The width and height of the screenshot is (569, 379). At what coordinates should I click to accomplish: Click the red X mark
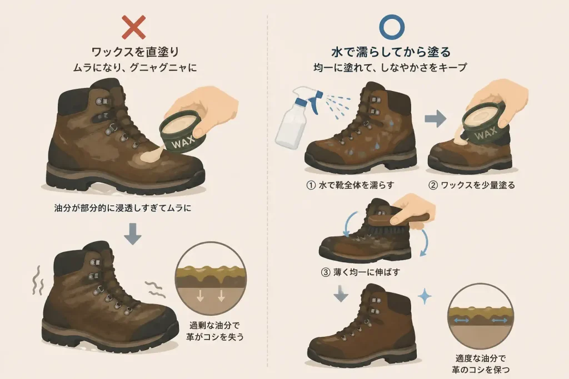pyautogui.click(x=133, y=27)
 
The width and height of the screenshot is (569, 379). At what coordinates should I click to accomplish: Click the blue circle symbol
pyautogui.click(x=392, y=27)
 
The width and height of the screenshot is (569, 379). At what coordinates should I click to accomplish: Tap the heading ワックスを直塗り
pyautogui.click(x=136, y=52)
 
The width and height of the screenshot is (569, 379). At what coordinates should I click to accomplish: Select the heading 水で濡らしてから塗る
pyautogui.click(x=391, y=52)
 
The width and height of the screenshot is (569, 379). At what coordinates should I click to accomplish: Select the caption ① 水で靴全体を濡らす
pyautogui.click(x=350, y=185)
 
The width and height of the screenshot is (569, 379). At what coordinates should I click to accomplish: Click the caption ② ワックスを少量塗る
pyautogui.click(x=471, y=185)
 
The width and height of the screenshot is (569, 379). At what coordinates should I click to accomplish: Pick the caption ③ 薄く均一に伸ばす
pyautogui.click(x=361, y=272)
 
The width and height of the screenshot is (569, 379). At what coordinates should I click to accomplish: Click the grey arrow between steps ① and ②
pyautogui.click(x=436, y=119)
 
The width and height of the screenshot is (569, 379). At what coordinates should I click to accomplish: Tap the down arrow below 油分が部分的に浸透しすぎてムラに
pyautogui.click(x=132, y=234)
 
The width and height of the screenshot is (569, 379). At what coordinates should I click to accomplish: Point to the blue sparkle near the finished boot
pyautogui.click(x=424, y=297)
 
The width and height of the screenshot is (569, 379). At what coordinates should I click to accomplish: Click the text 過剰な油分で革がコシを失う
pyautogui.click(x=215, y=331)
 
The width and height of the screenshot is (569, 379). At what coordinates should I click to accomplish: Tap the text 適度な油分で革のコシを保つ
pyautogui.click(x=481, y=364)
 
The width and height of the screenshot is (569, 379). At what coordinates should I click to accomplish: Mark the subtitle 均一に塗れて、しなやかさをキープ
pyautogui.click(x=390, y=67)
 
